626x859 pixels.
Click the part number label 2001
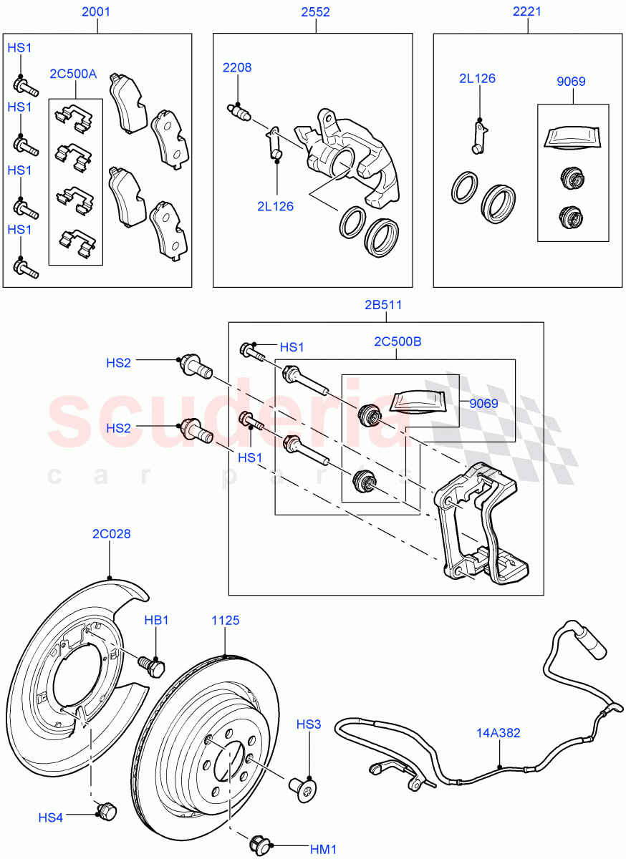[97, 11]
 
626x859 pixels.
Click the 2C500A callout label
[73, 74]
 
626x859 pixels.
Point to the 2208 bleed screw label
[236, 68]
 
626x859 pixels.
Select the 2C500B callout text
[398, 342]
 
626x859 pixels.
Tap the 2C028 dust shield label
[111, 534]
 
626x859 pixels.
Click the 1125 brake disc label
[225, 621]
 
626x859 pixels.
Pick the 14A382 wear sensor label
[499, 733]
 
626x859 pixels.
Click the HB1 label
[156, 621]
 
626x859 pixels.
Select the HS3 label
[308, 725]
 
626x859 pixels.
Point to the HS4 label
[51, 817]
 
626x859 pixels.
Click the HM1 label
[323, 849]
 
